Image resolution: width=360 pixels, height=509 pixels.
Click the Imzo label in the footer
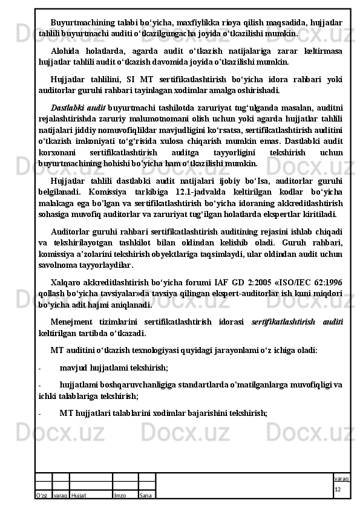pos(120,495)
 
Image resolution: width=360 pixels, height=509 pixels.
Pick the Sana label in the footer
pos(145,495)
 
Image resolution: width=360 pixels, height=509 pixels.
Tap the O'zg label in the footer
pos(42,495)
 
